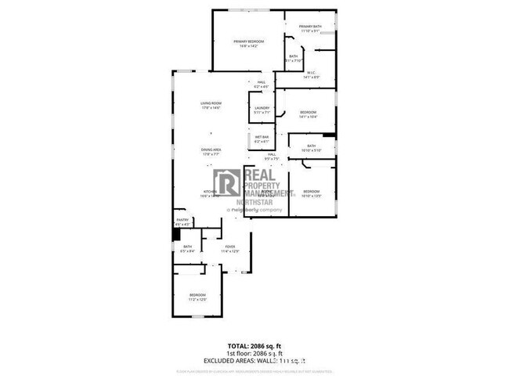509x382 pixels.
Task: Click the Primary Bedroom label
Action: [x=249, y=42]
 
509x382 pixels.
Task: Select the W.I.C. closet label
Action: [x=311, y=75]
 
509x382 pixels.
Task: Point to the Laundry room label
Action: [x=262, y=110]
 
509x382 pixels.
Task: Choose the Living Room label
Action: [x=211, y=105]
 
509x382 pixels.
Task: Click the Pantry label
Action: [x=181, y=223]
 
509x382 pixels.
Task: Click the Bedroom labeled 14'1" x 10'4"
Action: [x=308, y=114]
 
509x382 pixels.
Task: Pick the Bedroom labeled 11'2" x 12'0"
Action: [x=196, y=297]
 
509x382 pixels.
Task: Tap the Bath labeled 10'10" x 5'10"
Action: [x=311, y=148]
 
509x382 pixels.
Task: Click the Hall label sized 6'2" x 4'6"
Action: [x=262, y=84]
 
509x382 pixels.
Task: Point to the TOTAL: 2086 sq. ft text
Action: [x=254, y=345]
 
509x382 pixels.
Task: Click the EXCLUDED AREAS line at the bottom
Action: [x=254, y=361]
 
